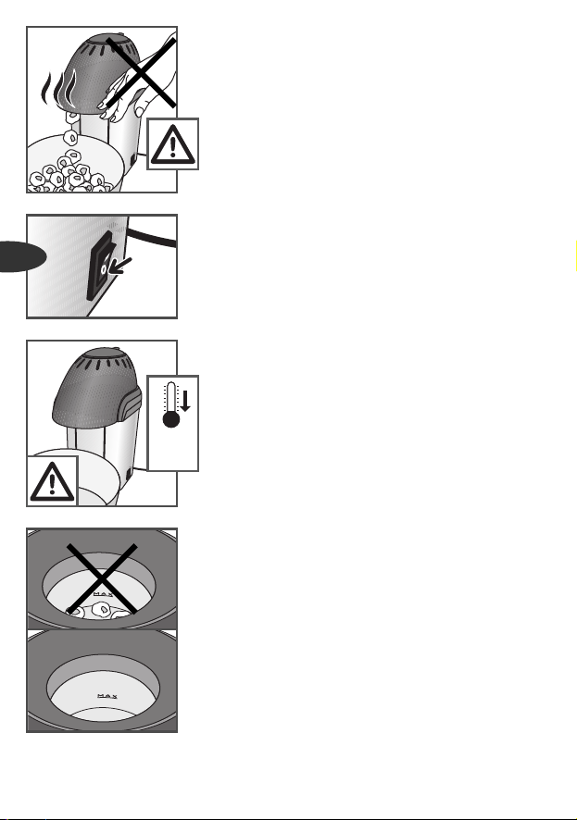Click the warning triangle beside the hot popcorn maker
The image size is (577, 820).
tap(172, 144)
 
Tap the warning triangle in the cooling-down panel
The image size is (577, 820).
tap(52, 481)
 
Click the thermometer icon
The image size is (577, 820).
tap(171, 404)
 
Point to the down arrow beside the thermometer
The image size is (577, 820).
tap(184, 401)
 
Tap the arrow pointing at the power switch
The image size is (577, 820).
tap(121, 266)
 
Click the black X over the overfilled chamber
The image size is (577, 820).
tap(102, 578)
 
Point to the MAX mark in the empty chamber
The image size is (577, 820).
tap(107, 696)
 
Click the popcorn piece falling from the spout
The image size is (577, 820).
tap(70, 138)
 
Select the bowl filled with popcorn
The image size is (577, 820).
tap(75, 164)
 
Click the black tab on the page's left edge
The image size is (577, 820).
tap(21, 256)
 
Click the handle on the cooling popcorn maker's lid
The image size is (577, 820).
tap(131, 404)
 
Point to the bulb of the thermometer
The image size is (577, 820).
tap(171, 419)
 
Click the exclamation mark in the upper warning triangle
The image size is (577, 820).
tap(172, 147)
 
